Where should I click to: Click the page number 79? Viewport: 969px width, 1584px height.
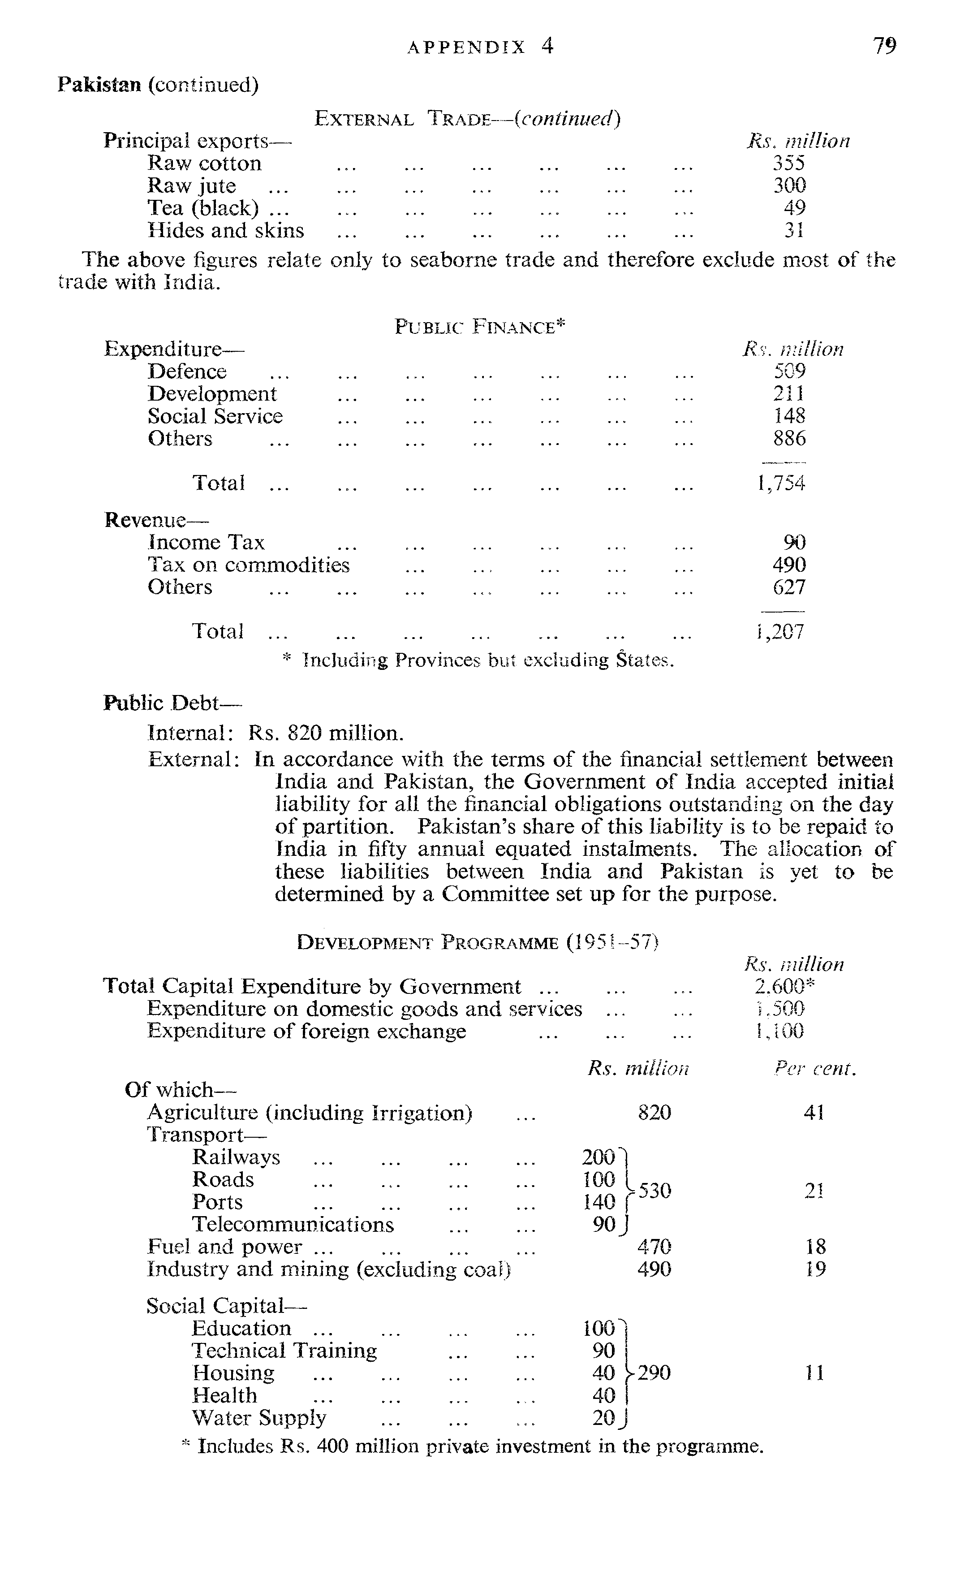click(884, 46)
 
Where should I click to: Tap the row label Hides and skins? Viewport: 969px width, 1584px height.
click(225, 230)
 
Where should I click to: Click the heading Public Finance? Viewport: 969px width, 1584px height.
click(479, 327)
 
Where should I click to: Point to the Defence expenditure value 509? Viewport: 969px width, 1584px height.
click(789, 371)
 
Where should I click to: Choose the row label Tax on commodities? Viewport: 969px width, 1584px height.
click(248, 565)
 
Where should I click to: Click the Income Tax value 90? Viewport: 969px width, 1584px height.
click(794, 543)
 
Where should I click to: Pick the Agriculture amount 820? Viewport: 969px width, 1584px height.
click(654, 1112)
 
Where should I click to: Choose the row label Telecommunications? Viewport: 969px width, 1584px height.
click(293, 1224)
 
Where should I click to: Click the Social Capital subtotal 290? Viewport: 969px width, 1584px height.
click(654, 1373)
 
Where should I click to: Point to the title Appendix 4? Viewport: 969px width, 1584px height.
click(480, 46)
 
